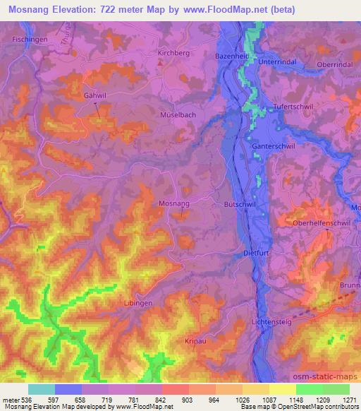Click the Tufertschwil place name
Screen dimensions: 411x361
(x=293, y=107)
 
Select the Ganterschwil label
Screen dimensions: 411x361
(x=274, y=146)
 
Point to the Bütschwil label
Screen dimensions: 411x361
(x=238, y=203)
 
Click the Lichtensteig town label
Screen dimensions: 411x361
(x=274, y=322)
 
